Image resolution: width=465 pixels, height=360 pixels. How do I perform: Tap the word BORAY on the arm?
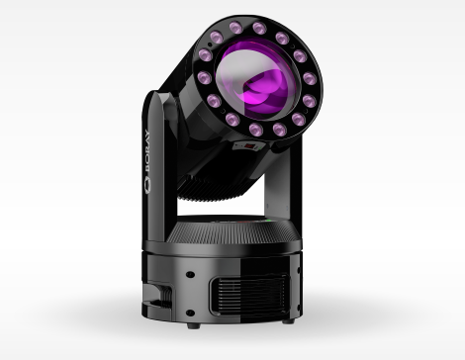tap(147, 150)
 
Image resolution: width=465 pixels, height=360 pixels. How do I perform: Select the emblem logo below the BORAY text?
tap(147, 184)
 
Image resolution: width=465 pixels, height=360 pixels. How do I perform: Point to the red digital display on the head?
tap(249, 145)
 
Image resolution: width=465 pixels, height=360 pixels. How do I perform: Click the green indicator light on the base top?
tap(269, 221)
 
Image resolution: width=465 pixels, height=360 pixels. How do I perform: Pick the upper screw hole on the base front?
tap(190, 274)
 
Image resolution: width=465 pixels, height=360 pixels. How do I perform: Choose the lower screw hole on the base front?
tap(190, 313)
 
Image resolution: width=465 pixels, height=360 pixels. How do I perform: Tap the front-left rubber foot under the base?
tap(194, 325)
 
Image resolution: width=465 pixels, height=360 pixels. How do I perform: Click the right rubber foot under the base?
tap(289, 320)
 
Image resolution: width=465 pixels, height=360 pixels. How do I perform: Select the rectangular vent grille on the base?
tap(249, 295)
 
